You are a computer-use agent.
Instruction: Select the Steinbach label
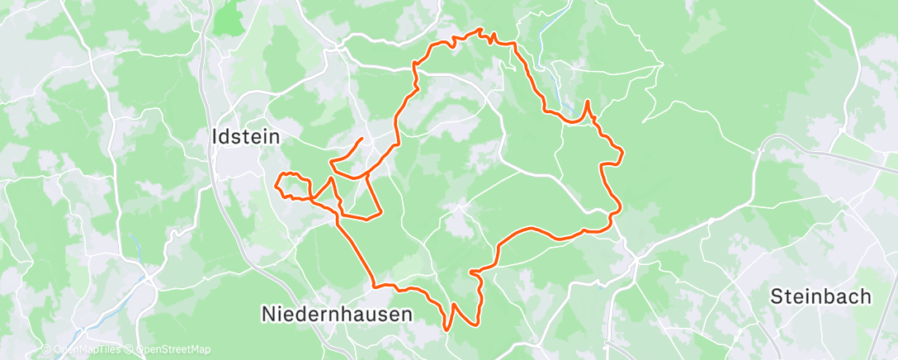[820, 296]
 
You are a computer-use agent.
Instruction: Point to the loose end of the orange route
[362, 138]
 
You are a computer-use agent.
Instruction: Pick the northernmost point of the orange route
[480, 30]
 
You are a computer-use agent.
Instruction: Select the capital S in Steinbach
[777, 296]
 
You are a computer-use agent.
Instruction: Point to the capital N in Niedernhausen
[268, 315]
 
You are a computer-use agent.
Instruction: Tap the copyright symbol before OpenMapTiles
[46, 349]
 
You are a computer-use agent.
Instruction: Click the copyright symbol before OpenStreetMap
[131, 349]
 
